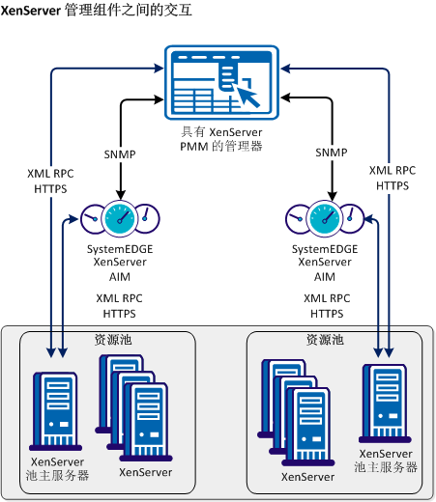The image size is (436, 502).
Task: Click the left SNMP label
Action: pos(121,153)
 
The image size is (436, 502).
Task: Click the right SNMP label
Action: pos(332,153)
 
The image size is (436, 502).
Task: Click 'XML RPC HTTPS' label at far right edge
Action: pos(391,177)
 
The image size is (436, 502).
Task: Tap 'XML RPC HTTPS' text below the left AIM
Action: pos(120,306)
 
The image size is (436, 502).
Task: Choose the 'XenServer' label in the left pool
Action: pos(145,472)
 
